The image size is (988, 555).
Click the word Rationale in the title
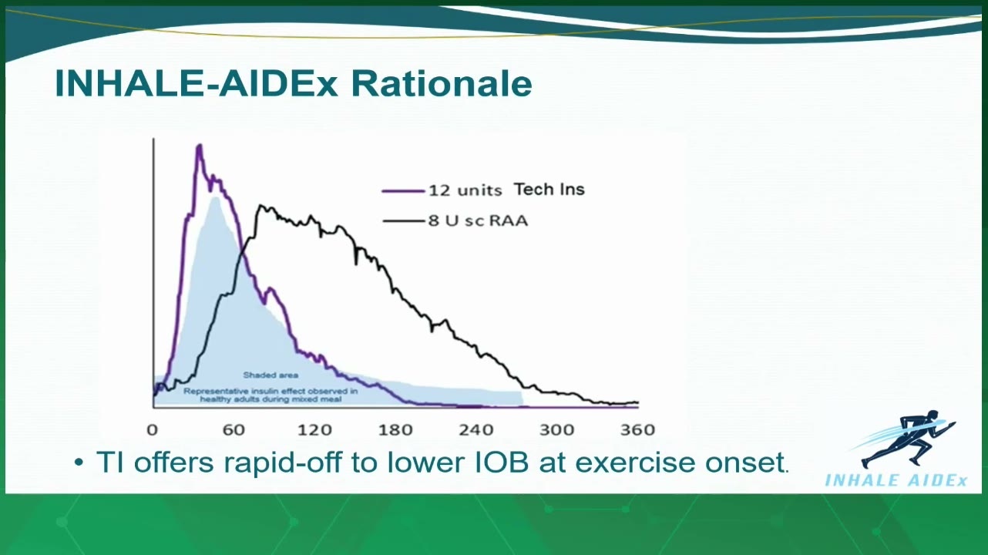point(442,83)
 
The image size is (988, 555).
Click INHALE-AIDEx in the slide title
point(197,83)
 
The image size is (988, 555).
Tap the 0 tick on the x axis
point(152,429)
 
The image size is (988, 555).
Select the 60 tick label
point(234,429)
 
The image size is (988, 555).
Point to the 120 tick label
point(314,429)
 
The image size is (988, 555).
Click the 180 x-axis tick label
point(395,429)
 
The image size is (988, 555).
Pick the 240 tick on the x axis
point(476,429)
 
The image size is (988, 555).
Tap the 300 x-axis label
point(557,429)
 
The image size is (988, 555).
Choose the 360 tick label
point(638,429)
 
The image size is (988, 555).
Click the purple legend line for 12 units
point(403,191)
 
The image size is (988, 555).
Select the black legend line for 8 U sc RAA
point(403,220)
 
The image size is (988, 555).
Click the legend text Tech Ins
point(549,190)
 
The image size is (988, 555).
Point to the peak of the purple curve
point(200,146)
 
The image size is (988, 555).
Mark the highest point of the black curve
point(260,206)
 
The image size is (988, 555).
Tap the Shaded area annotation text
point(271,375)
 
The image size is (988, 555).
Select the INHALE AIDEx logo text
point(896,480)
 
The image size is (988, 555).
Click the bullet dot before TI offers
point(79,462)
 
